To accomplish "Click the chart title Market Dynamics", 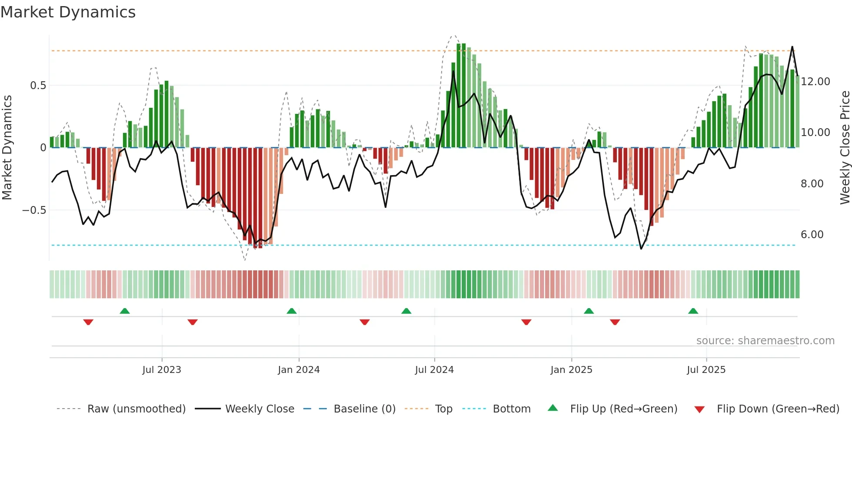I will (x=68, y=12).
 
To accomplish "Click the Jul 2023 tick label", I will (x=162, y=370).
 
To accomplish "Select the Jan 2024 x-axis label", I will (x=299, y=370).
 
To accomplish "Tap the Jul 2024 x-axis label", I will (x=434, y=370).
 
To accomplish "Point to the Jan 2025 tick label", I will (x=571, y=370).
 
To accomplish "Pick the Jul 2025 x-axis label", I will (x=706, y=370).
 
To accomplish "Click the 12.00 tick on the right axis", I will (x=815, y=82).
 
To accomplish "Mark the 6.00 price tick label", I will (x=812, y=235).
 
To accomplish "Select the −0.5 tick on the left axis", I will (x=34, y=210).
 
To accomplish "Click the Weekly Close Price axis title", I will (x=845, y=148).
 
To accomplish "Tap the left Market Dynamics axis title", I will (x=7, y=148).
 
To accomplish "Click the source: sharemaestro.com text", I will (x=765, y=341).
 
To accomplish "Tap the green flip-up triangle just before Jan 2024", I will (x=292, y=311).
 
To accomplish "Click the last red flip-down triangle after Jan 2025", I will (x=615, y=322).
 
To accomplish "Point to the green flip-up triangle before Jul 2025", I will (x=693, y=311).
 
